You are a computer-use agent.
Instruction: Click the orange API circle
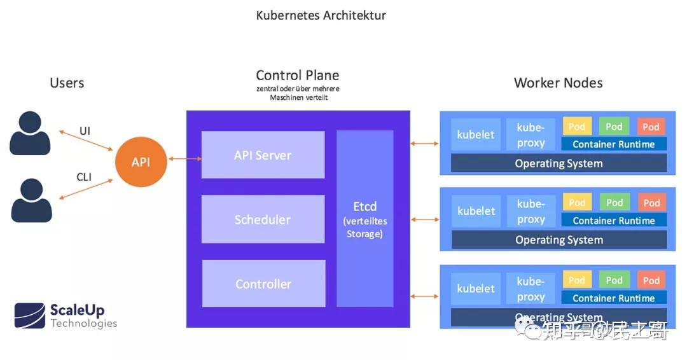141,162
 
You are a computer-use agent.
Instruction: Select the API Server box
263,155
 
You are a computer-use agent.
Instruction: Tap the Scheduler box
263,219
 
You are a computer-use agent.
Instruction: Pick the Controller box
263,284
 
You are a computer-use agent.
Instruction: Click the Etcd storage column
365,219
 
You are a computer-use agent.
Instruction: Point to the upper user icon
30,133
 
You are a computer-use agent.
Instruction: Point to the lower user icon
31,200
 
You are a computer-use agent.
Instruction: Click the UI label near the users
85,131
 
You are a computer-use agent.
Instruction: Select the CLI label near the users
84,177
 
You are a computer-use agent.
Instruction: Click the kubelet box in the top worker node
476,135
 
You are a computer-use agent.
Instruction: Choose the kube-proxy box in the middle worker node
531,212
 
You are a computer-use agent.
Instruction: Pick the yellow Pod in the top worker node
577,126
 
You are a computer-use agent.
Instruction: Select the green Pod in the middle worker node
614,202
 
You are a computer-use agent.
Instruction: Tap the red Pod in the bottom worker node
651,280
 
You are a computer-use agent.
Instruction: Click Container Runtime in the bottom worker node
614,298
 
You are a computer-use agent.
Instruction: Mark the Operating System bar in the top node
559,163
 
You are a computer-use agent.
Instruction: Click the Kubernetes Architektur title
321,15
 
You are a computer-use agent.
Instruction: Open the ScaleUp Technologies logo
66,315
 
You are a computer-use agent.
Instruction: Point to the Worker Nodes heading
558,83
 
